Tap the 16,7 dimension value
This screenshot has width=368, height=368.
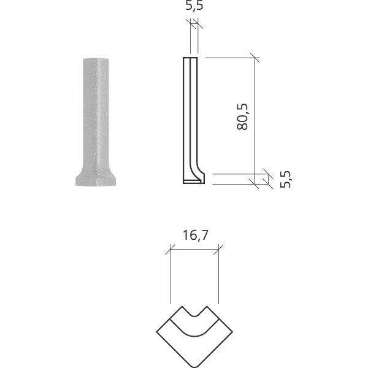(193, 235)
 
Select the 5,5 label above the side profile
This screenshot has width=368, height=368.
(194, 7)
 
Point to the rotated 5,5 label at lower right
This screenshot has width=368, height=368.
(285, 178)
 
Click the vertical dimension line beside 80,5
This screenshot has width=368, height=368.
(254, 117)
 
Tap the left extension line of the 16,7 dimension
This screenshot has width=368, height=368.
(169, 276)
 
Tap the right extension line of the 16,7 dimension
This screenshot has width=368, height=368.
(218, 276)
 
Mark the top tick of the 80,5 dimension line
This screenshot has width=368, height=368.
(254, 58)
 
